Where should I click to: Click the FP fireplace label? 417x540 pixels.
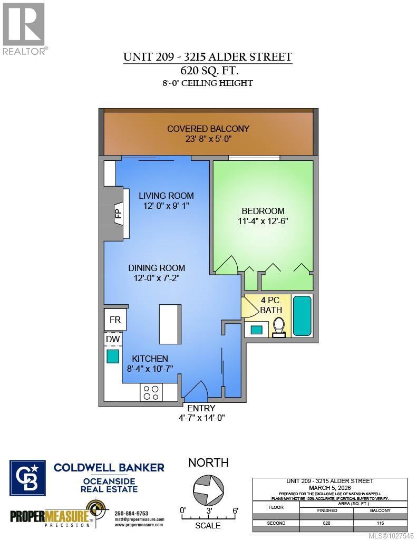tap(119, 213)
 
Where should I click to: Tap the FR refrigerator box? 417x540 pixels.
tap(115, 320)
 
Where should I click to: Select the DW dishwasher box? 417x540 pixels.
tap(112, 339)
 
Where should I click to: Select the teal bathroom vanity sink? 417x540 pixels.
tap(257, 330)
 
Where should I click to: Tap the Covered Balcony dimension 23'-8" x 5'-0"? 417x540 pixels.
tap(208, 139)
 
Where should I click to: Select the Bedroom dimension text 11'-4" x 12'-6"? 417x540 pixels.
tap(263, 221)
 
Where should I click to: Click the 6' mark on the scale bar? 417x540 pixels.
tap(235, 510)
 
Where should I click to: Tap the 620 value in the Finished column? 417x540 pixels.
tap(327, 523)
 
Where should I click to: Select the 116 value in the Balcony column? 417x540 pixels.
tap(380, 523)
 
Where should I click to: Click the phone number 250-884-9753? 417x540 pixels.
tap(131, 513)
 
